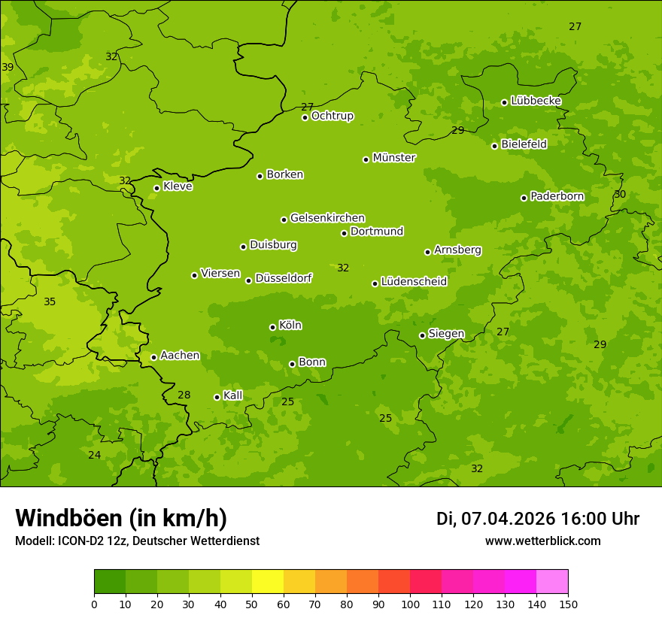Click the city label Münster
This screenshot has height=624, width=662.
click(x=393, y=158)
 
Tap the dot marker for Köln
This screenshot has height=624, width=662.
click(x=272, y=327)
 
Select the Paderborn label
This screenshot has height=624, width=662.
click(x=557, y=196)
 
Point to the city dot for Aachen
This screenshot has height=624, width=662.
click(x=153, y=357)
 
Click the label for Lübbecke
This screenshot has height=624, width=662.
click(x=536, y=101)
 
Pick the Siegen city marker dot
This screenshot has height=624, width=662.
click(x=422, y=335)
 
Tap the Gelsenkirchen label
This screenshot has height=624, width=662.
click(x=327, y=218)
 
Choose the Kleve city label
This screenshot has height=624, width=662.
click(x=178, y=186)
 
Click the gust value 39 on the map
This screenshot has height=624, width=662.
click(x=8, y=68)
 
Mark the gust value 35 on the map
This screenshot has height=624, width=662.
click(x=50, y=302)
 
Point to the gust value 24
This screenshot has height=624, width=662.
click(x=94, y=456)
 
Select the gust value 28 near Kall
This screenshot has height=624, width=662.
click(x=184, y=395)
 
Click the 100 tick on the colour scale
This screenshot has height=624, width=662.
click(x=410, y=604)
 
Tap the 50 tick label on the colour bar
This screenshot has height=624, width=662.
click(x=252, y=604)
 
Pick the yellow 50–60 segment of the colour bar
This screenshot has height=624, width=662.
click(x=268, y=582)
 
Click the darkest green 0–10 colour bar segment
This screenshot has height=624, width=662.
click(x=110, y=582)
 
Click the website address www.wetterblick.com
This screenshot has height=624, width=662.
click(x=542, y=541)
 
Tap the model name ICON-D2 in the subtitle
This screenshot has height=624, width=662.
click(x=81, y=541)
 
